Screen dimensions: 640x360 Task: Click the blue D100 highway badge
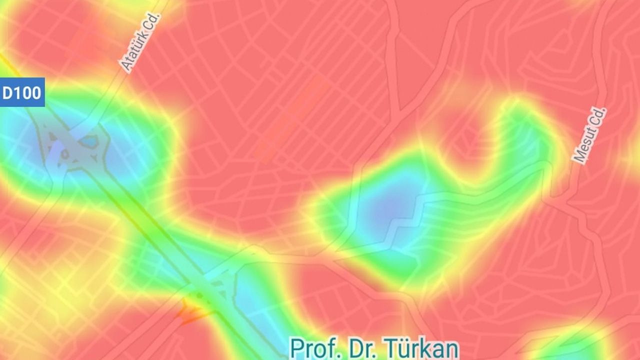click(22, 92)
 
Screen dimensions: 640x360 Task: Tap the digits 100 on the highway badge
click(28, 92)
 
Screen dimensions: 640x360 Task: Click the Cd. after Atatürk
click(153, 23)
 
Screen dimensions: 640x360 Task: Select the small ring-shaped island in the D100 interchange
click(64, 154)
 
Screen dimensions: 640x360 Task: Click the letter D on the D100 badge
click(8, 92)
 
